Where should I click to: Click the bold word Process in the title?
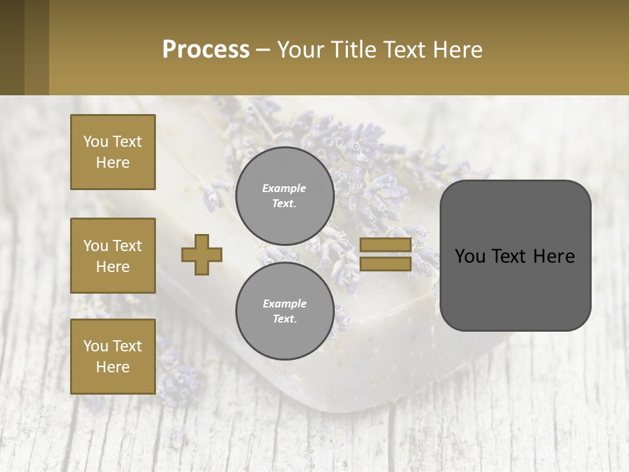click(x=206, y=49)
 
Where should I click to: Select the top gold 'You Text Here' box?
click(x=113, y=152)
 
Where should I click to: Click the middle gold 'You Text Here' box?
click(x=113, y=256)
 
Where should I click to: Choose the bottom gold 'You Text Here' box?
click(x=113, y=356)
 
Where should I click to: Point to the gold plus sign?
click(x=202, y=254)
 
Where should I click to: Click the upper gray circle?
click(x=284, y=196)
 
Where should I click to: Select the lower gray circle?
click(x=284, y=311)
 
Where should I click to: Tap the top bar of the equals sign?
click(x=385, y=245)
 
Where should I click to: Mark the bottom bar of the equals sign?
click(x=385, y=264)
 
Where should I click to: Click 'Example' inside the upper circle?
click(x=284, y=188)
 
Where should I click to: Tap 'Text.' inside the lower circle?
click(x=284, y=319)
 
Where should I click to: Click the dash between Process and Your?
click(x=263, y=50)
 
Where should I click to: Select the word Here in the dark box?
click(x=554, y=256)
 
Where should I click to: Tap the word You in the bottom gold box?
click(x=96, y=345)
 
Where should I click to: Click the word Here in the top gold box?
click(x=113, y=163)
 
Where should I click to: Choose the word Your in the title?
click(x=302, y=49)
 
